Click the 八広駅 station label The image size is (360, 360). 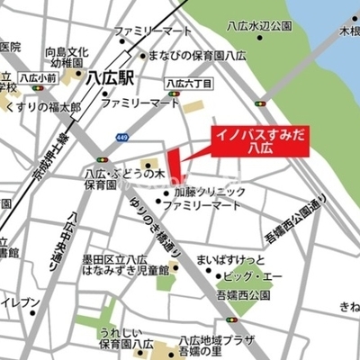coord(109,78)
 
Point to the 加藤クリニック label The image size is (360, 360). coord(209,193)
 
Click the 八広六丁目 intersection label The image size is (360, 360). coord(188,83)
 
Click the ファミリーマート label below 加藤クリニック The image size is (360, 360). coord(207,206)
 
